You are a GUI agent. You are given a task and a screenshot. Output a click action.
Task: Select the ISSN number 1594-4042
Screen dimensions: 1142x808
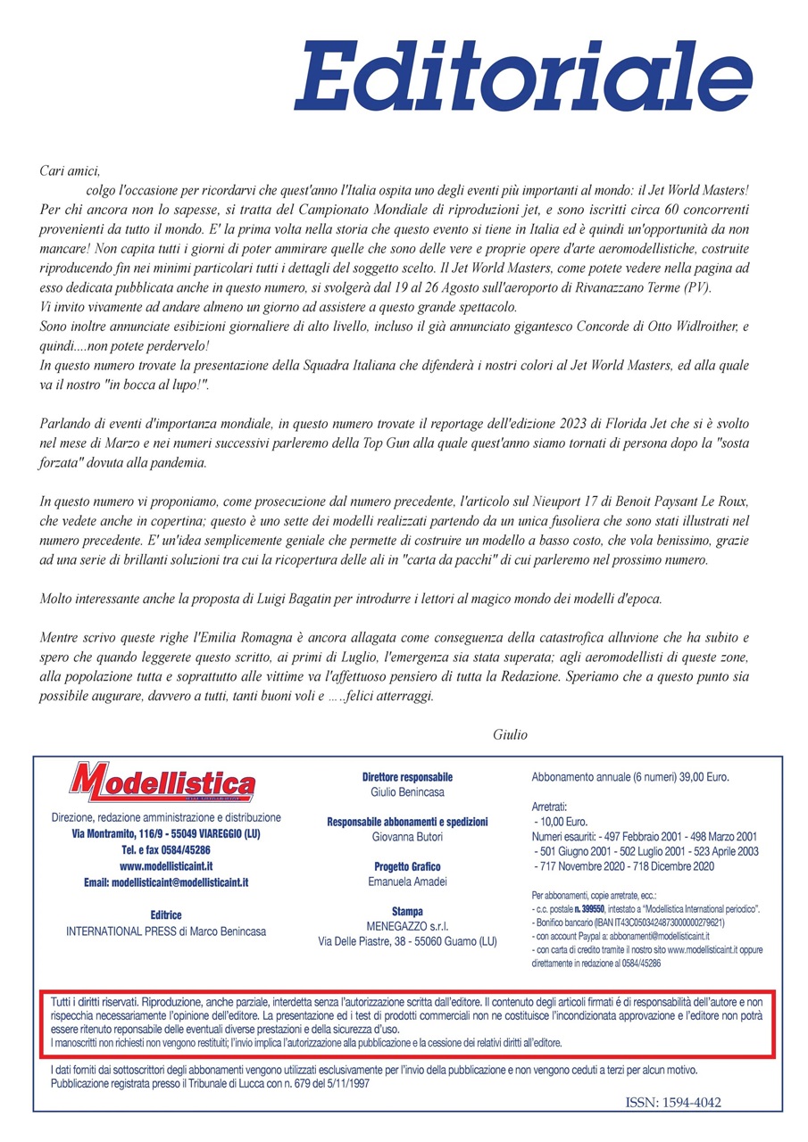click(673, 1103)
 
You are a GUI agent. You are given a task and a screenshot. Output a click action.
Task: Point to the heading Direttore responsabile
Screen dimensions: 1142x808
click(407, 777)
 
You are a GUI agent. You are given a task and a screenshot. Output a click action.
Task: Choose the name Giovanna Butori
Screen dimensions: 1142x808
click(407, 837)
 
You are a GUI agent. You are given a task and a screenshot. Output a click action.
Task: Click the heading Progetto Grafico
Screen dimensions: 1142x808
click(407, 866)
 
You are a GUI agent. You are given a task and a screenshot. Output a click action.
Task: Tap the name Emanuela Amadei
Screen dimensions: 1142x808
click(407, 881)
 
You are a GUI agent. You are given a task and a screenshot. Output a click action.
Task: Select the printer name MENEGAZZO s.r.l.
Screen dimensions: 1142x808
click(407, 925)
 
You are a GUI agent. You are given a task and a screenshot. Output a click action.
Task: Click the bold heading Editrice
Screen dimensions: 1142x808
click(167, 914)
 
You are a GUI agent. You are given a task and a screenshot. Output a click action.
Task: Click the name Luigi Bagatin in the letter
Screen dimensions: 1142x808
click(283, 599)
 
